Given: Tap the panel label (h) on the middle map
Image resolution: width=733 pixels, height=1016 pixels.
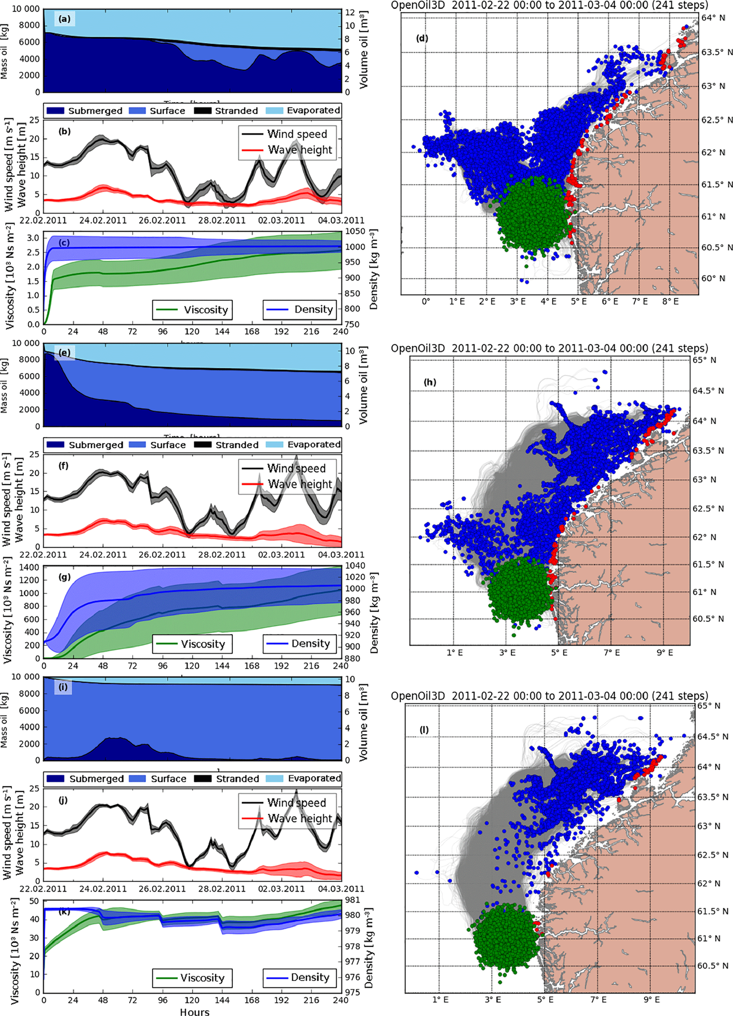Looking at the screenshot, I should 429,382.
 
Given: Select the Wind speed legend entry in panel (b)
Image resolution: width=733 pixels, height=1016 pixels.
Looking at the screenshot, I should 297,134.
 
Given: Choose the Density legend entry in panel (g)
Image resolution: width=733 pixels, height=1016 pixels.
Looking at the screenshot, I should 311,644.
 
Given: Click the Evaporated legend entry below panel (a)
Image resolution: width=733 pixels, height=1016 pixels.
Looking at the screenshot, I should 313,111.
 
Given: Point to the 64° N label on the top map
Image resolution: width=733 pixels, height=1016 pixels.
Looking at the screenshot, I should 712,18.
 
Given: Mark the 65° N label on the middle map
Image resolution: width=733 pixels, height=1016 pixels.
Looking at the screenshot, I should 707,360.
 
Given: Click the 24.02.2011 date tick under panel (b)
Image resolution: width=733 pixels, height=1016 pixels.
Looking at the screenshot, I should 103,220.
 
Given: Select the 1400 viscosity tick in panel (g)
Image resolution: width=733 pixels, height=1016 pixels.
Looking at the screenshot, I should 30,567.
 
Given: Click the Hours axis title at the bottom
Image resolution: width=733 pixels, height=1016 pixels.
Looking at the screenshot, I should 194,1011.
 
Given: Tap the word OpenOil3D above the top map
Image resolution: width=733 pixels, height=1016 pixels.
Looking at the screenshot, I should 418,5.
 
